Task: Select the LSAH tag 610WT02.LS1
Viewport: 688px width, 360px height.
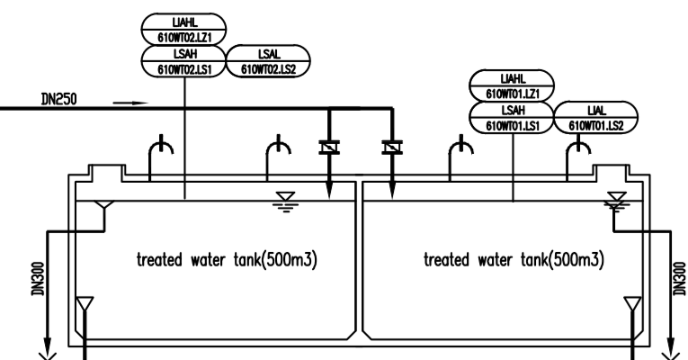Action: point(184,61)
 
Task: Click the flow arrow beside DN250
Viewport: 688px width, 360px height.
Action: point(131,103)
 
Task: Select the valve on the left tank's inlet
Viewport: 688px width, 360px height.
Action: point(329,144)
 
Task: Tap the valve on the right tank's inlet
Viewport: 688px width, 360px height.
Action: point(392,144)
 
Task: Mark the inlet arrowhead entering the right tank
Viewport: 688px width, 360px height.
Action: point(392,192)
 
